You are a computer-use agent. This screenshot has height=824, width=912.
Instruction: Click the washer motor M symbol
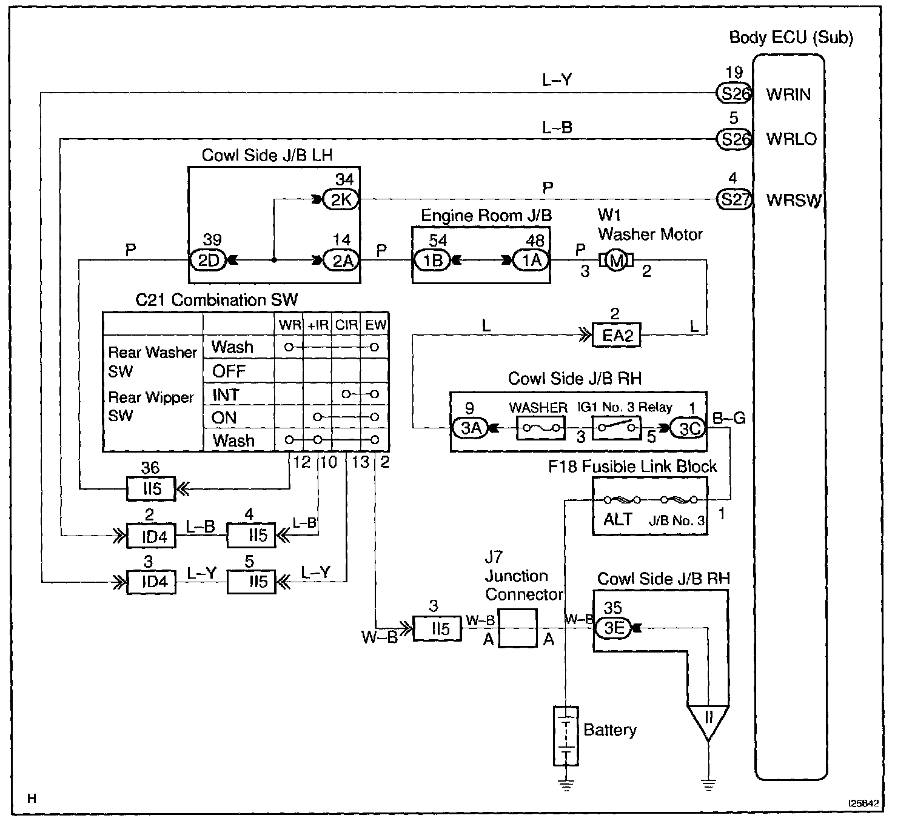(x=616, y=261)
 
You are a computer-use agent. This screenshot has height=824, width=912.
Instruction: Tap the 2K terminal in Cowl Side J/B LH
(x=341, y=199)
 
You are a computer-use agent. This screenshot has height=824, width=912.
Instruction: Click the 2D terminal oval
(x=207, y=261)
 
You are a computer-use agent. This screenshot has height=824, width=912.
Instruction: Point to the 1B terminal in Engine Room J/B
(x=432, y=261)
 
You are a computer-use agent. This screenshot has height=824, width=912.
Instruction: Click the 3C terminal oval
(x=689, y=429)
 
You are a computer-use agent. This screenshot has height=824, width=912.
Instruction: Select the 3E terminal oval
(x=614, y=628)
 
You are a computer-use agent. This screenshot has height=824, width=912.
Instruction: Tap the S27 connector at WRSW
(x=734, y=199)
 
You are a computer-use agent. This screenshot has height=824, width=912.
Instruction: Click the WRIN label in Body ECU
(x=788, y=95)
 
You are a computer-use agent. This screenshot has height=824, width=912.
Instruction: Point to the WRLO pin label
(x=791, y=139)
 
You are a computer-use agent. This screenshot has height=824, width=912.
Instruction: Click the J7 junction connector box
(x=517, y=628)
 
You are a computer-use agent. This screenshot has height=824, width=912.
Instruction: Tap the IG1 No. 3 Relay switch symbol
(x=616, y=428)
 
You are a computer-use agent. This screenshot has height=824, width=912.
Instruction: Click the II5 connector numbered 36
(x=150, y=488)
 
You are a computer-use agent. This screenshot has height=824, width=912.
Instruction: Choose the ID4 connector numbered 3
(x=150, y=582)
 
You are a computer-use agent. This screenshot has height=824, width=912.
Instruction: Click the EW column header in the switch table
(x=375, y=325)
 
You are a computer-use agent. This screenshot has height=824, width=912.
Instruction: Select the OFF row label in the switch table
(x=229, y=371)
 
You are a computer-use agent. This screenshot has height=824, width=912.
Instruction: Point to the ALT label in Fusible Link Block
(x=618, y=520)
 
